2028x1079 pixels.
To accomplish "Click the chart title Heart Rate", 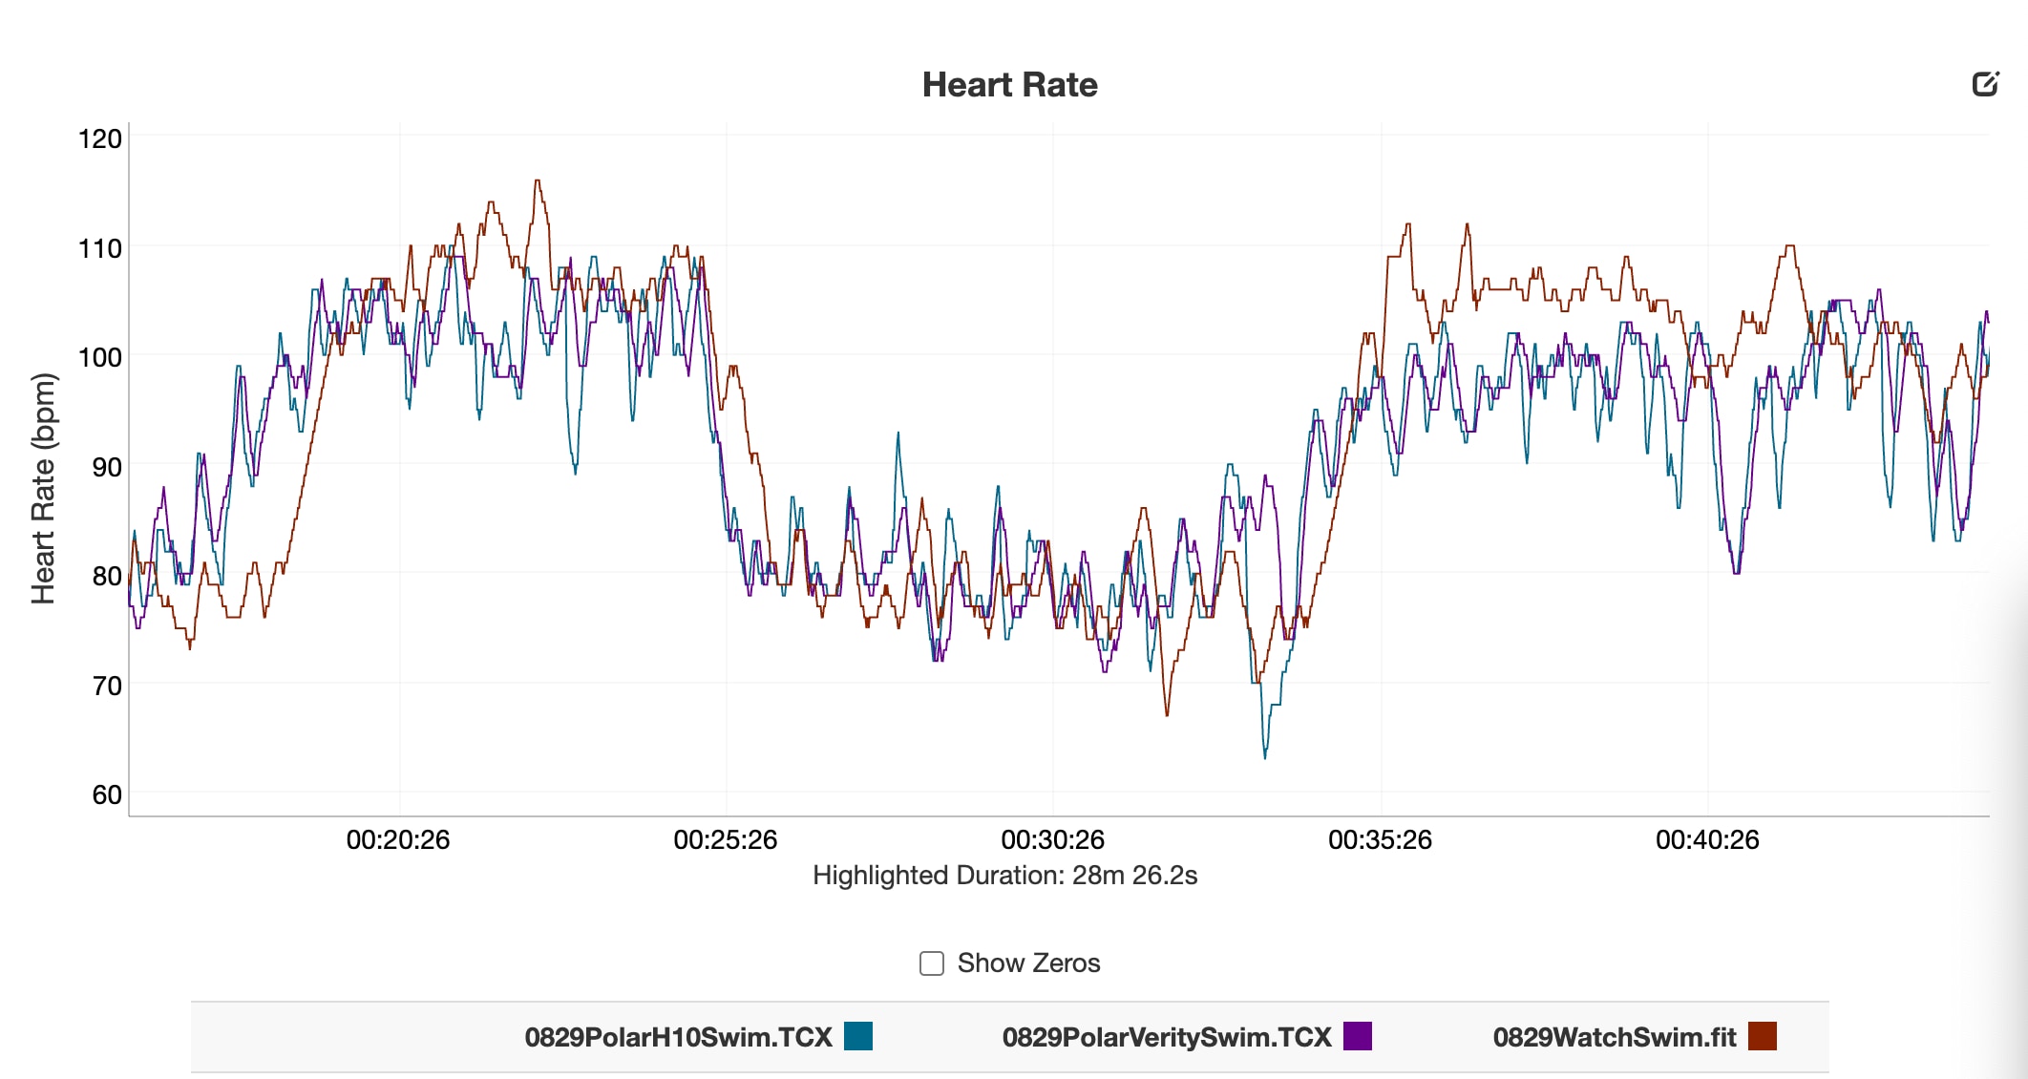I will tap(1009, 85).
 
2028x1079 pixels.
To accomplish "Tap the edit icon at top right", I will tap(1985, 84).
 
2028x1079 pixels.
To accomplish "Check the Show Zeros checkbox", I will tap(931, 963).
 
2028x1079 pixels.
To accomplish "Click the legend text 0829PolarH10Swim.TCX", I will tap(678, 1037).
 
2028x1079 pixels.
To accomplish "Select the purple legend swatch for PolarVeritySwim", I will tap(1357, 1036).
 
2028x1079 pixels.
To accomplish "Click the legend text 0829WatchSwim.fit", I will tap(1614, 1037).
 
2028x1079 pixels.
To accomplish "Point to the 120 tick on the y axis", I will tap(100, 139).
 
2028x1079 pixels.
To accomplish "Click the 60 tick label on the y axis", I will tap(107, 794).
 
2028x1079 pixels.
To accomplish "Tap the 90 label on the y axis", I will tap(107, 467).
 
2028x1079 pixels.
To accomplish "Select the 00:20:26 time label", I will tap(398, 840).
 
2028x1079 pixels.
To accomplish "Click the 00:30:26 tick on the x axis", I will tap(1052, 840).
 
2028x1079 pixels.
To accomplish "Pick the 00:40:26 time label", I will tap(1707, 840).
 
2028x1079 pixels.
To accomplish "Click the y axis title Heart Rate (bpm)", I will tap(44, 488).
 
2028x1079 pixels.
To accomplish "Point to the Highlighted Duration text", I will tap(1004, 876).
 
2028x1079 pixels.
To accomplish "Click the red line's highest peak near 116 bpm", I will tap(538, 181).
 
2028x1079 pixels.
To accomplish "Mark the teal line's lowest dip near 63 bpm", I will tap(1265, 756).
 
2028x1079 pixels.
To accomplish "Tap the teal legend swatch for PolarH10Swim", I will tap(858, 1036).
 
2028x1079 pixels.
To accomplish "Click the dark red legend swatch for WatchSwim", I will tap(1762, 1036).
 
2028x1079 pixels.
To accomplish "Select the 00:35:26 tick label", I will tap(1380, 840).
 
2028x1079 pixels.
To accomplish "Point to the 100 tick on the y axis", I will tap(100, 358).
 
